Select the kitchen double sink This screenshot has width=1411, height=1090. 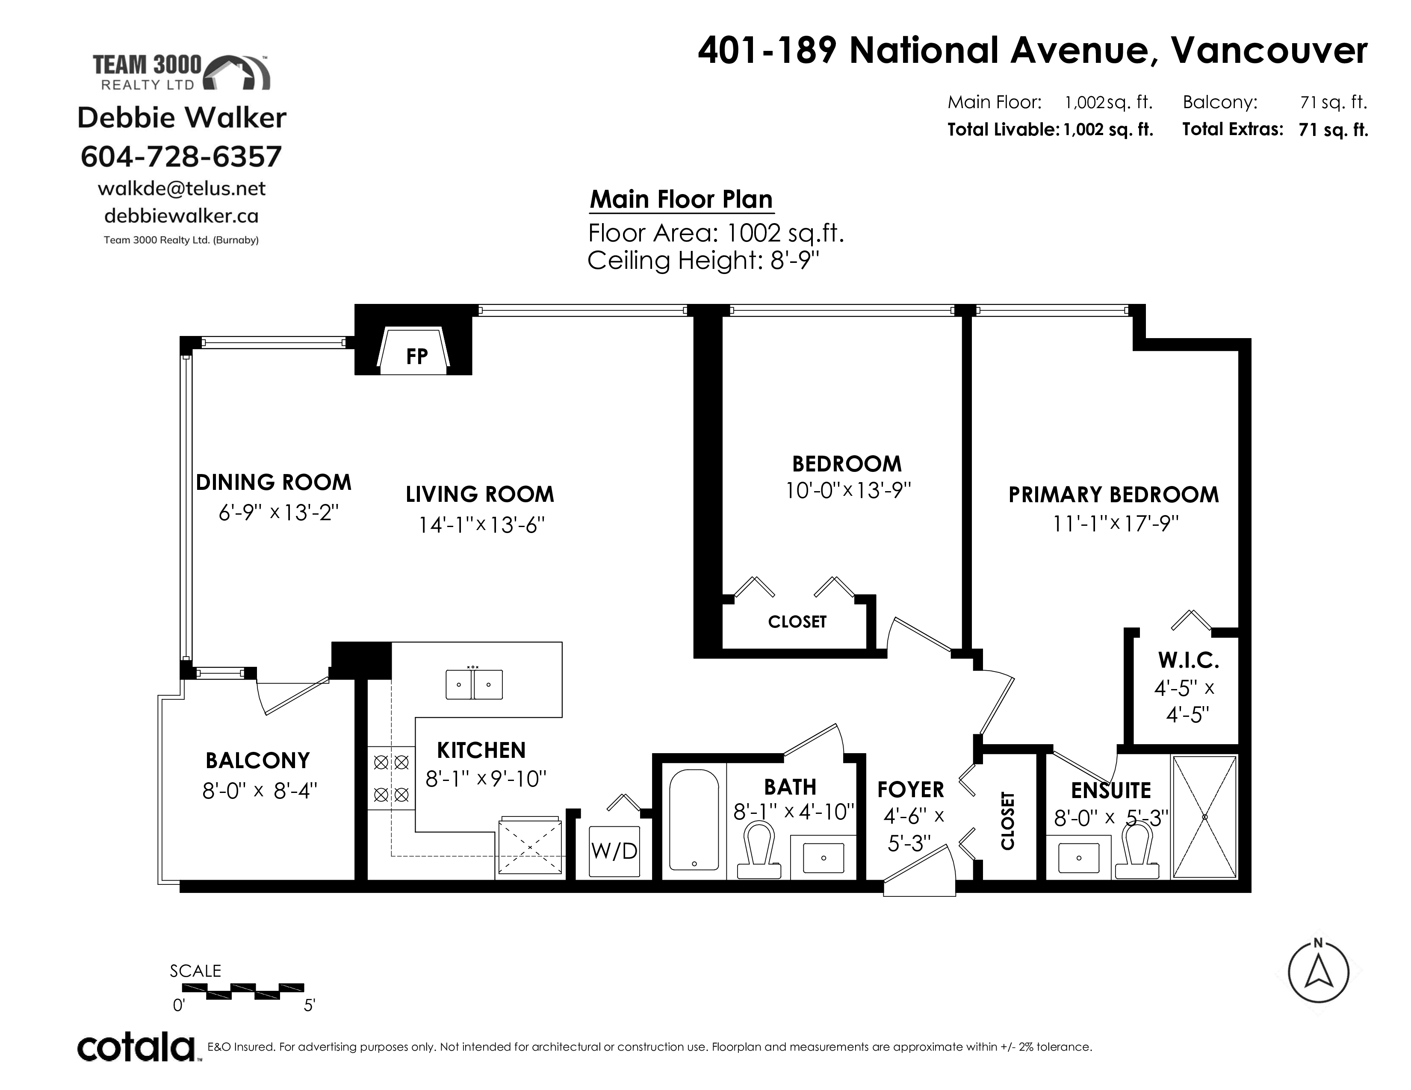(x=474, y=684)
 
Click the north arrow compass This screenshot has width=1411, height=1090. (x=1318, y=972)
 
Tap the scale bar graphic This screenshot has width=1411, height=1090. (x=243, y=991)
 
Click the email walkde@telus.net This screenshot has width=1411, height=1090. (x=182, y=189)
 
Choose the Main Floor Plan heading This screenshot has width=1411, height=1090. (x=682, y=200)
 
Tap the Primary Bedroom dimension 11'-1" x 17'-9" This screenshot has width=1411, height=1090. (x=1116, y=523)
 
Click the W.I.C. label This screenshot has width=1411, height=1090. (x=1188, y=660)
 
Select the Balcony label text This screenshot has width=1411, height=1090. (x=258, y=761)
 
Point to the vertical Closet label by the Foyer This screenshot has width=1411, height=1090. (x=1008, y=821)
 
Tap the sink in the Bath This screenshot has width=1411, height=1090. (x=823, y=857)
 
